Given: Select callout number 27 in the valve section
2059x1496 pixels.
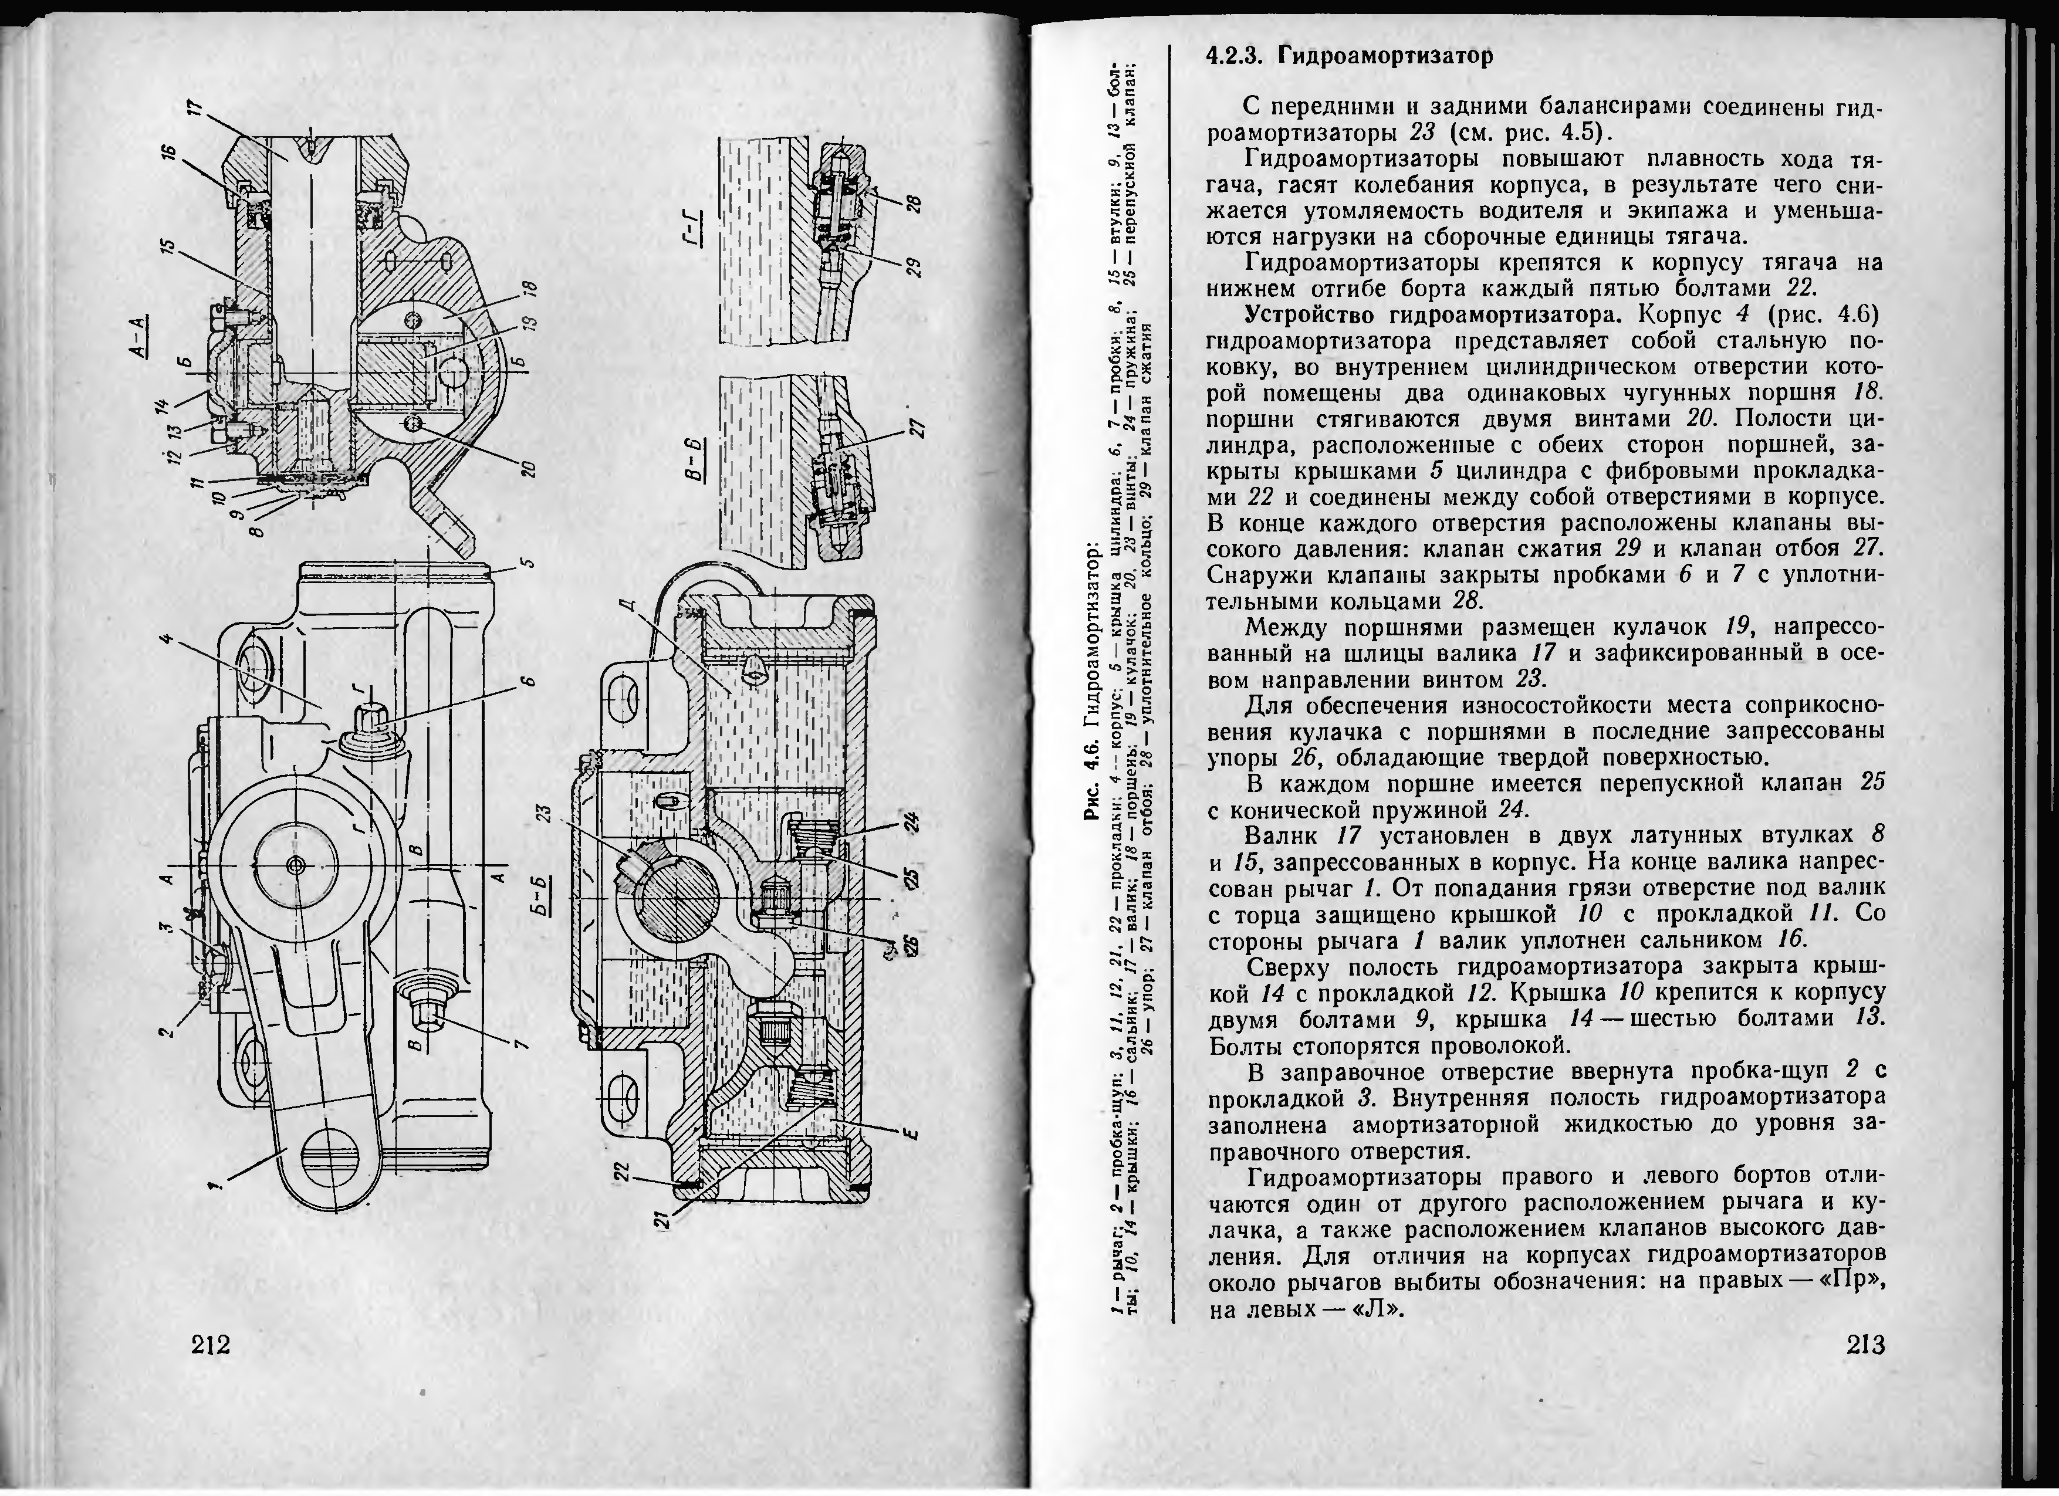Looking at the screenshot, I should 914,428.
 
